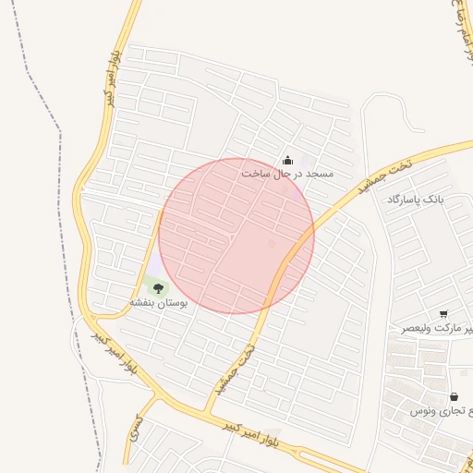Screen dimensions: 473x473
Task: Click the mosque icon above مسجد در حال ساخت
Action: pos(286,160)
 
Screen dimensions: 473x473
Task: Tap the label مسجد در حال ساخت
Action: pos(287,174)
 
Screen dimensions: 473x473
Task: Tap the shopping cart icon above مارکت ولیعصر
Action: pos(444,314)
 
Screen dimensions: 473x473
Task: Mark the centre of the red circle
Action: pos(236,236)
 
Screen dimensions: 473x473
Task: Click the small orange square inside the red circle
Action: pos(271,243)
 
